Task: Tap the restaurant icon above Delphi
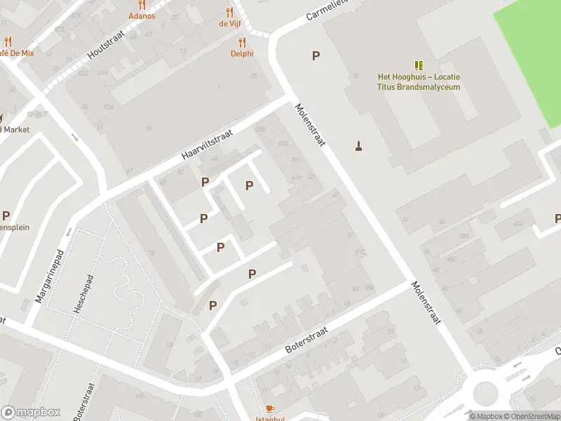[x=242, y=41]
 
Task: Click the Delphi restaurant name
[x=242, y=53]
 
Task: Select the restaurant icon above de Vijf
[x=229, y=12]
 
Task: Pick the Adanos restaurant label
[x=142, y=15]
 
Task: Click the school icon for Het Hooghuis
[x=419, y=65]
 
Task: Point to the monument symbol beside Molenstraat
[x=359, y=146]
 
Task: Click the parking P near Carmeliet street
[x=316, y=56]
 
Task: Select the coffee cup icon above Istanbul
[x=270, y=408]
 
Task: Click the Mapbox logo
[x=31, y=412]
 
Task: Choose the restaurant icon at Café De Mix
[x=8, y=41]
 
